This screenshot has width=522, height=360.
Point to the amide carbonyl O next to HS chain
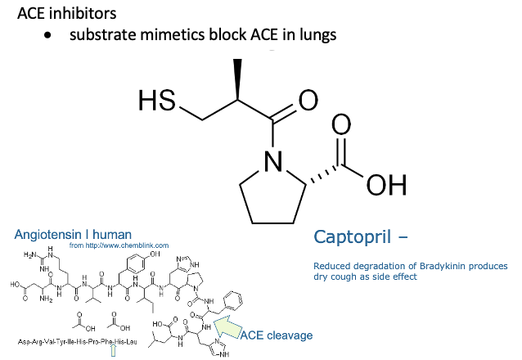coord(308,101)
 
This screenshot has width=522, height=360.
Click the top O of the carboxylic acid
coord(340,125)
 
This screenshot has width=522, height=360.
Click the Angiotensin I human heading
coord(61,234)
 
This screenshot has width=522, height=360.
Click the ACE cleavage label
coord(282,335)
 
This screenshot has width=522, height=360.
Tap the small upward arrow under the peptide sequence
coord(113,350)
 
